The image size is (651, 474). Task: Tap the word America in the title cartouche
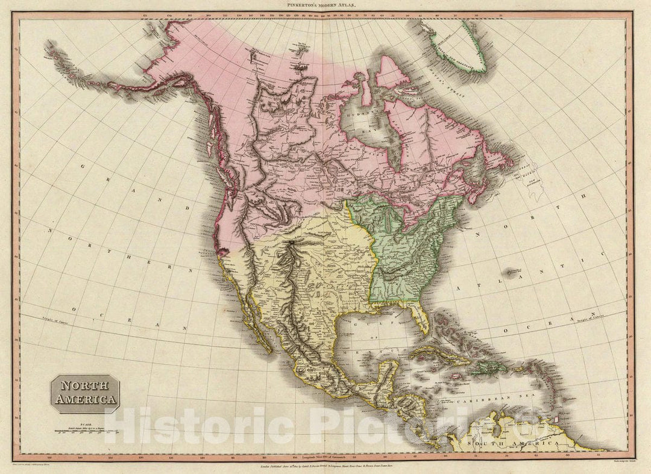point(84,399)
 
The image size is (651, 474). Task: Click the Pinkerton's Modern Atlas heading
point(325,5)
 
